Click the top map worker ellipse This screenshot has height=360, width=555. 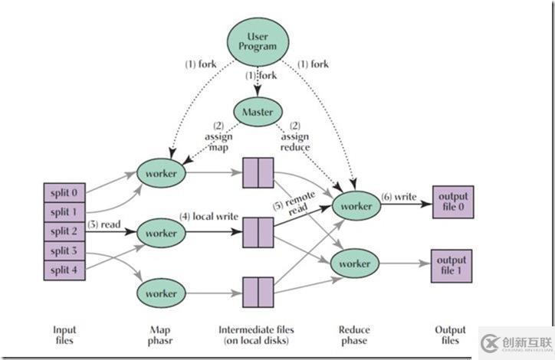(x=162, y=174)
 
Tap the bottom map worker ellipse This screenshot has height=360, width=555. (x=162, y=293)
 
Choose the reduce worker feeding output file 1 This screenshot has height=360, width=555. (x=356, y=263)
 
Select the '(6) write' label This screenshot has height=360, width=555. (x=398, y=197)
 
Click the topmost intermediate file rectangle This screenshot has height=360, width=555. (x=258, y=173)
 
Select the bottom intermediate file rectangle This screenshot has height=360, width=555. (x=258, y=293)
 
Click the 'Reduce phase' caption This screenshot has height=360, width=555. (x=353, y=336)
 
